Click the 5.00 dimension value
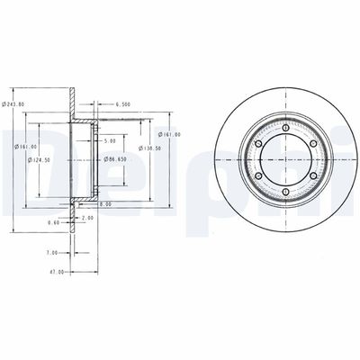109,141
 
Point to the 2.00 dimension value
87,218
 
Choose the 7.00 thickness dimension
52,253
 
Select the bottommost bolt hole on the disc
284,192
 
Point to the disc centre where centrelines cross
284,160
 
